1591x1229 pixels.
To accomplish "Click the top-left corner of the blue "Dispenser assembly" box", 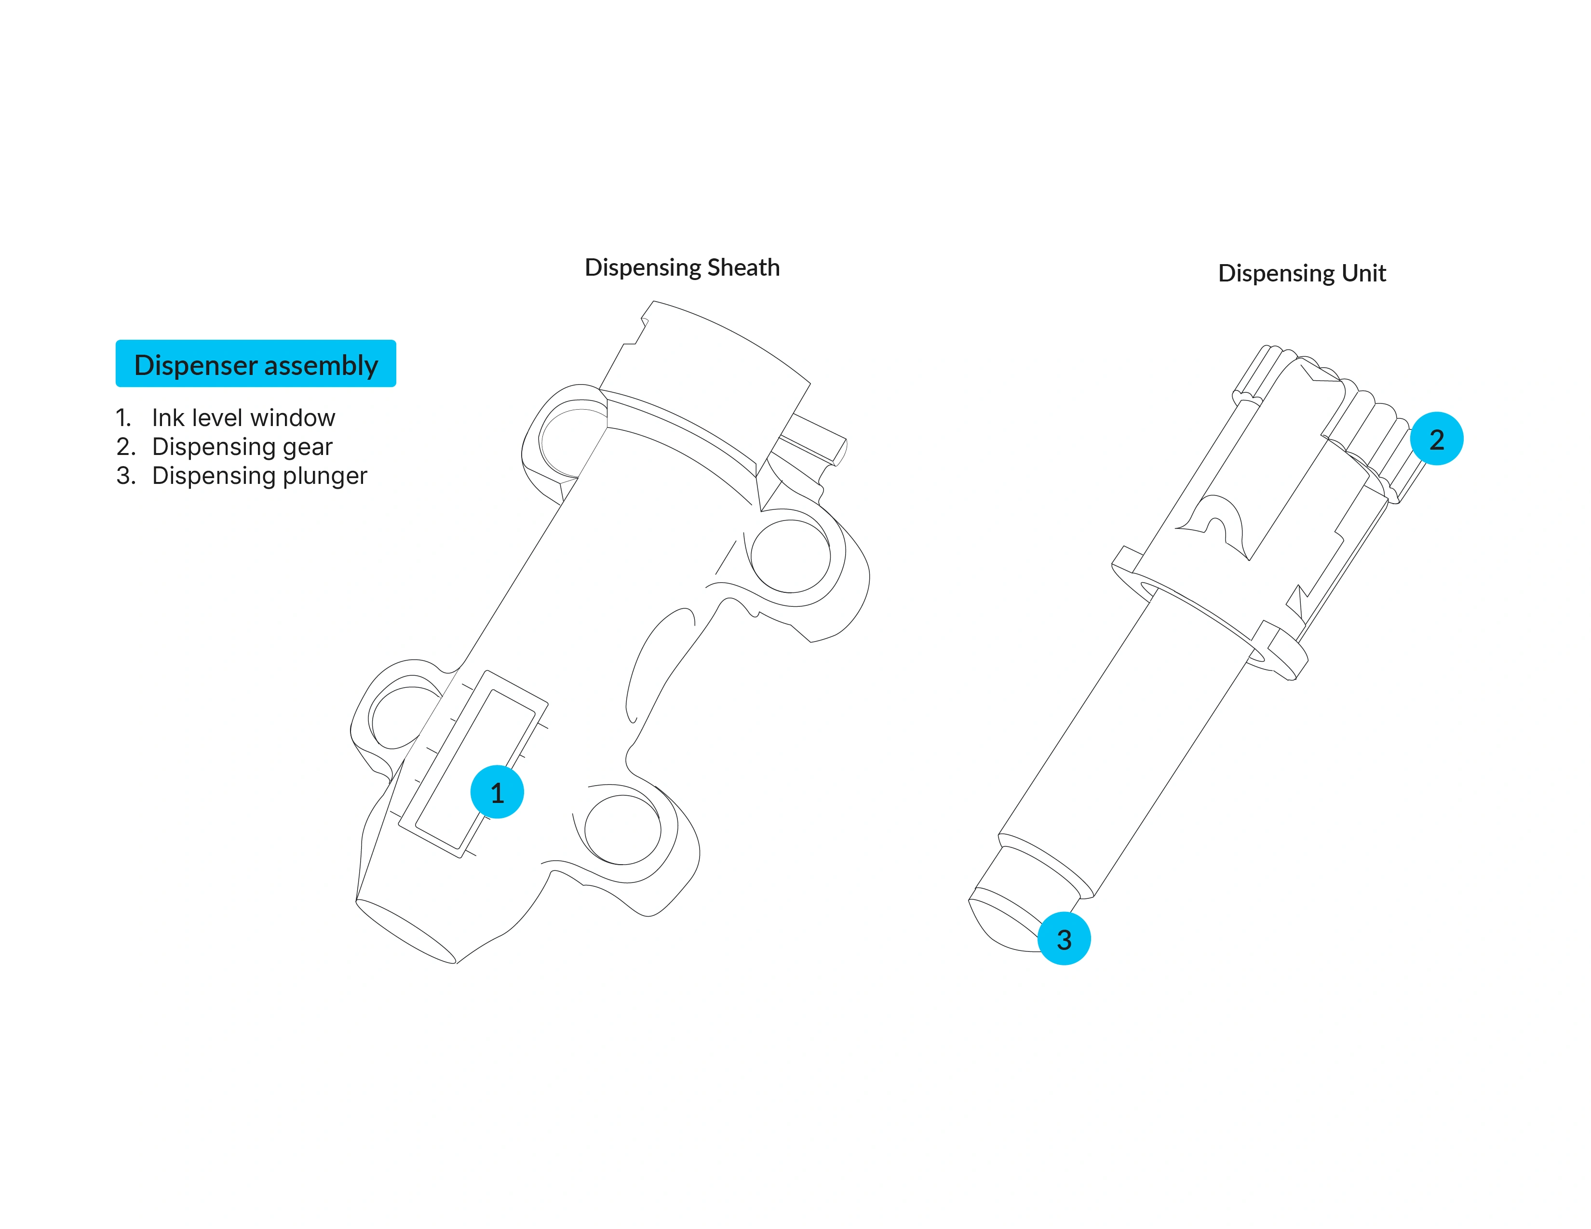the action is coord(116,340).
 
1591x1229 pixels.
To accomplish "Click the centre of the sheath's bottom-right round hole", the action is coord(623,830).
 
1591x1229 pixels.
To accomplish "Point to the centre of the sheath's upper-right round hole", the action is coord(790,556).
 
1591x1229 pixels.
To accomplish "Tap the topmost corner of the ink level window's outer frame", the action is coord(486,670).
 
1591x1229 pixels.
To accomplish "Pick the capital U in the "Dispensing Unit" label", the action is coord(1349,273).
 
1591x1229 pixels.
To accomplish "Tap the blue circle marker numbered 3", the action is coord(1065,938).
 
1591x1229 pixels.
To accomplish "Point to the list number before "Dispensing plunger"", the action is coord(126,475).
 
